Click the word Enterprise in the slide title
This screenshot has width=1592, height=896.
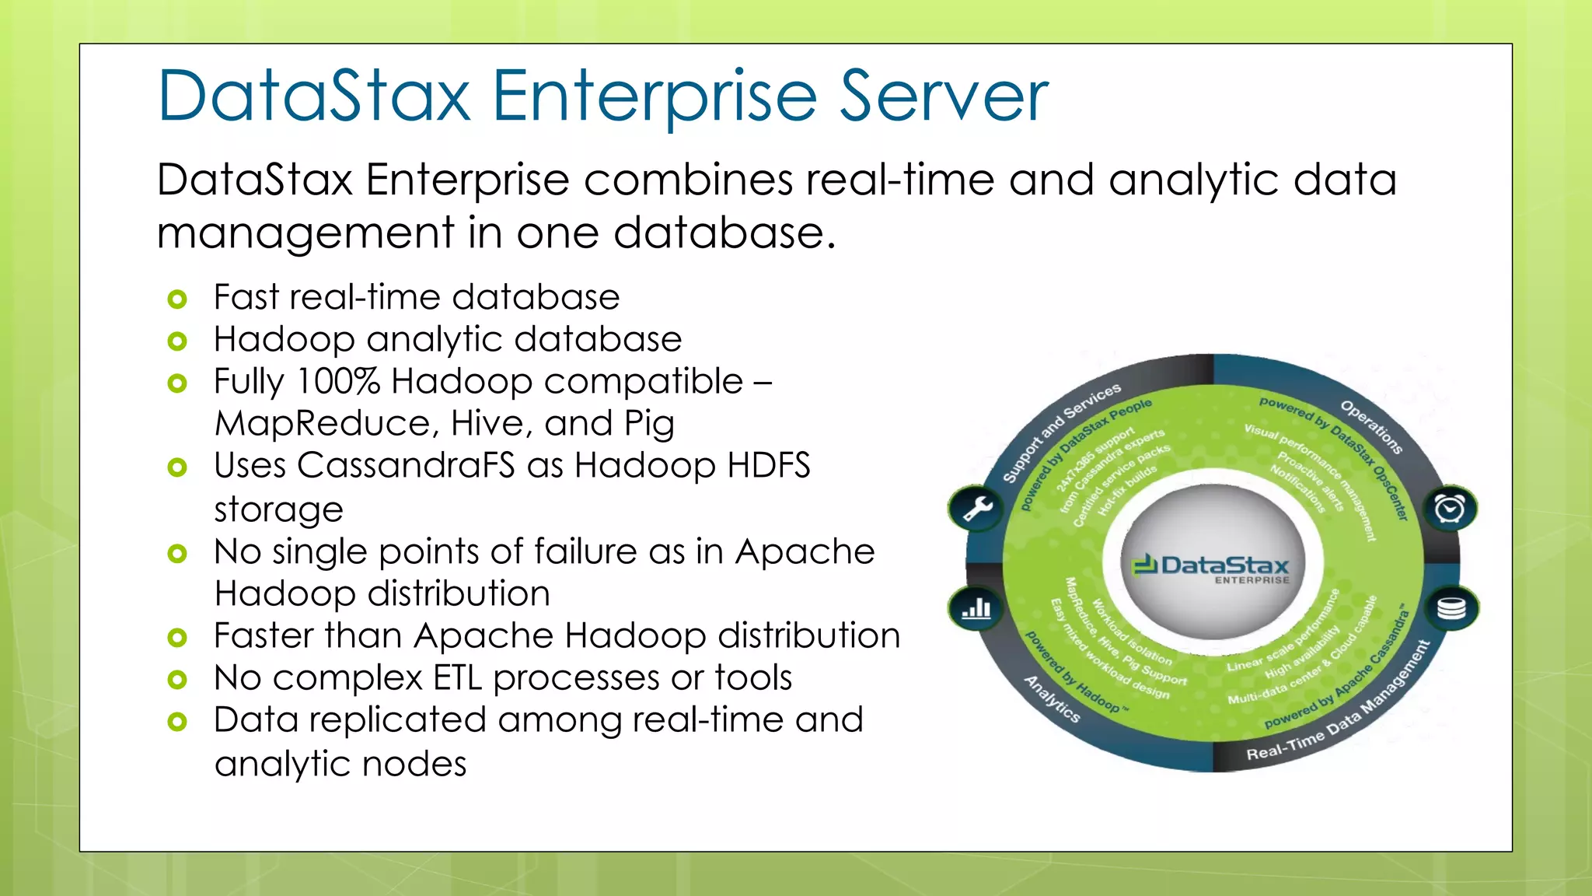(654, 96)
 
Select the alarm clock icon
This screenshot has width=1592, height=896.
(1449, 509)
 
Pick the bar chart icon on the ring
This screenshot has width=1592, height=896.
(976, 607)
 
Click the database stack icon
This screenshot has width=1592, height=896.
(1451, 607)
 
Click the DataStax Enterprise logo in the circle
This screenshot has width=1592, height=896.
(1211, 569)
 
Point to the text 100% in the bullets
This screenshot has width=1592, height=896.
(338, 381)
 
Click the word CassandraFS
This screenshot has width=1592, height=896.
(406, 465)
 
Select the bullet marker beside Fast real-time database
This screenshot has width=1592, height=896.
(177, 299)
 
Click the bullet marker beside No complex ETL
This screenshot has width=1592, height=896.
(177, 680)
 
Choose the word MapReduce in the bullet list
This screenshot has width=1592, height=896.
(322, 423)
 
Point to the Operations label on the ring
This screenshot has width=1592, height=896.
(1372, 427)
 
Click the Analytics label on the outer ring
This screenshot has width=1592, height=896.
(1052, 698)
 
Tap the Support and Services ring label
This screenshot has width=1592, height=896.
(1060, 432)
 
